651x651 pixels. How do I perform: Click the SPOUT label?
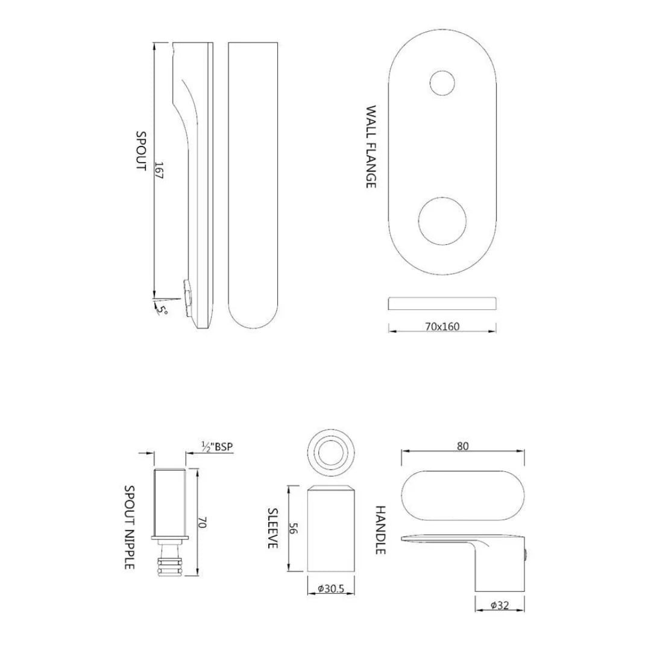coord(140,151)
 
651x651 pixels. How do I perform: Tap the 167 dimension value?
coord(159,171)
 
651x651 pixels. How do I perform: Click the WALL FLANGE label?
coord(371,147)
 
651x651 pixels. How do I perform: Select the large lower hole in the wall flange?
coord(442,221)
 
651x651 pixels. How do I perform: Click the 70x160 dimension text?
coord(442,327)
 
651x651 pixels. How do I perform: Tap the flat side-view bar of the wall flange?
coord(442,303)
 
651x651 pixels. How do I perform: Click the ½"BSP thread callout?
coord(217,447)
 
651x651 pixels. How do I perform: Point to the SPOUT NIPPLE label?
coord(129,527)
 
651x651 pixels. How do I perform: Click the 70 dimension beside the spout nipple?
coord(203,523)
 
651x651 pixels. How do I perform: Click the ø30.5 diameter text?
coord(331,588)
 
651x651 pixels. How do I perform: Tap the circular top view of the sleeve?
coord(331,451)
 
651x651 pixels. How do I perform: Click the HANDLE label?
coord(380,530)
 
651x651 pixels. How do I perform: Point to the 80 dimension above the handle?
coord(462,446)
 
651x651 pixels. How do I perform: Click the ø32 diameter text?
coord(500,605)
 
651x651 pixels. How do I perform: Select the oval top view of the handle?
coord(462,494)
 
